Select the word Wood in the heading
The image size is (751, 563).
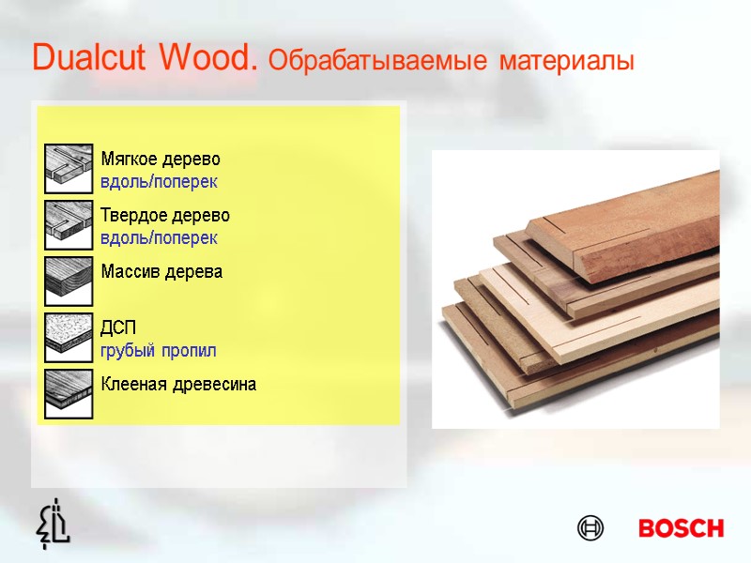pos(208,59)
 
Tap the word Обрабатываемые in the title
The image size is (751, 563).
pos(377,62)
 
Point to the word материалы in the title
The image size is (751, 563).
pos(567,62)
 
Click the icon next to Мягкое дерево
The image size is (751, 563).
pos(69,169)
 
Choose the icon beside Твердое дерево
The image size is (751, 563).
pos(69,225)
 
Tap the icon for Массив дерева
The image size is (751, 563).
pos(69,281)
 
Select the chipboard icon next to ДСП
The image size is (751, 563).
pos(69,338)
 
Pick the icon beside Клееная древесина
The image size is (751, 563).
pos(69,394)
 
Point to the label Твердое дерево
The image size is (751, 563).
pos(165,215)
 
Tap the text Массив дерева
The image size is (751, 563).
pos(161,272)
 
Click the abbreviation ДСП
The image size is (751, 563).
pos(118,328)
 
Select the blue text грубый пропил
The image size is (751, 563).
pos(159,351)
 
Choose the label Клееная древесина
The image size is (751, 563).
pos(178,385)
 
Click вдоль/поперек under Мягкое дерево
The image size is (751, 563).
pos(159,179)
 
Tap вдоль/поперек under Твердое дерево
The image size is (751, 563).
pos(159,237)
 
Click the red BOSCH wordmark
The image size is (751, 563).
pos(681,528)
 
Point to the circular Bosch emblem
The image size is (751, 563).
pos(590,528)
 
